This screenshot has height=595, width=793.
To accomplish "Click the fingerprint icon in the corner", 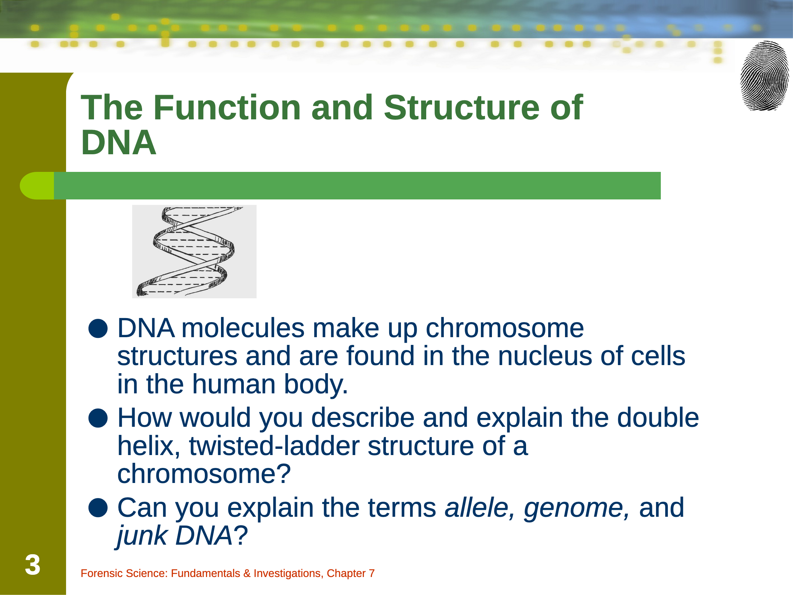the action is tap(764, 76).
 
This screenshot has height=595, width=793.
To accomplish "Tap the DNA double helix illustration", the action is tap(194, 252).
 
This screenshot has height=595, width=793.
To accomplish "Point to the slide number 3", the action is tap(33, 565).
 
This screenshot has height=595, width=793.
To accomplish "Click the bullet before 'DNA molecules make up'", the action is tap(98, 328).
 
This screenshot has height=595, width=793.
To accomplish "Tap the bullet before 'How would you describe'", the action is tap(98, 418).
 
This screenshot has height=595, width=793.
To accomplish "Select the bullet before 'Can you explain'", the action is tap(98, 508).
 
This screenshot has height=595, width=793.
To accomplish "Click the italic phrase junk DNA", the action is tap(175, 535).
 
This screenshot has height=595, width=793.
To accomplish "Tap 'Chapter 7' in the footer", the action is tap(351, 573).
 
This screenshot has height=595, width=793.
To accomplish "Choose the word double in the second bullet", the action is tap(658, 418).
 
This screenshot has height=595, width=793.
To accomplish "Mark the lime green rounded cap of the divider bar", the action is tap(37, 186).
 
